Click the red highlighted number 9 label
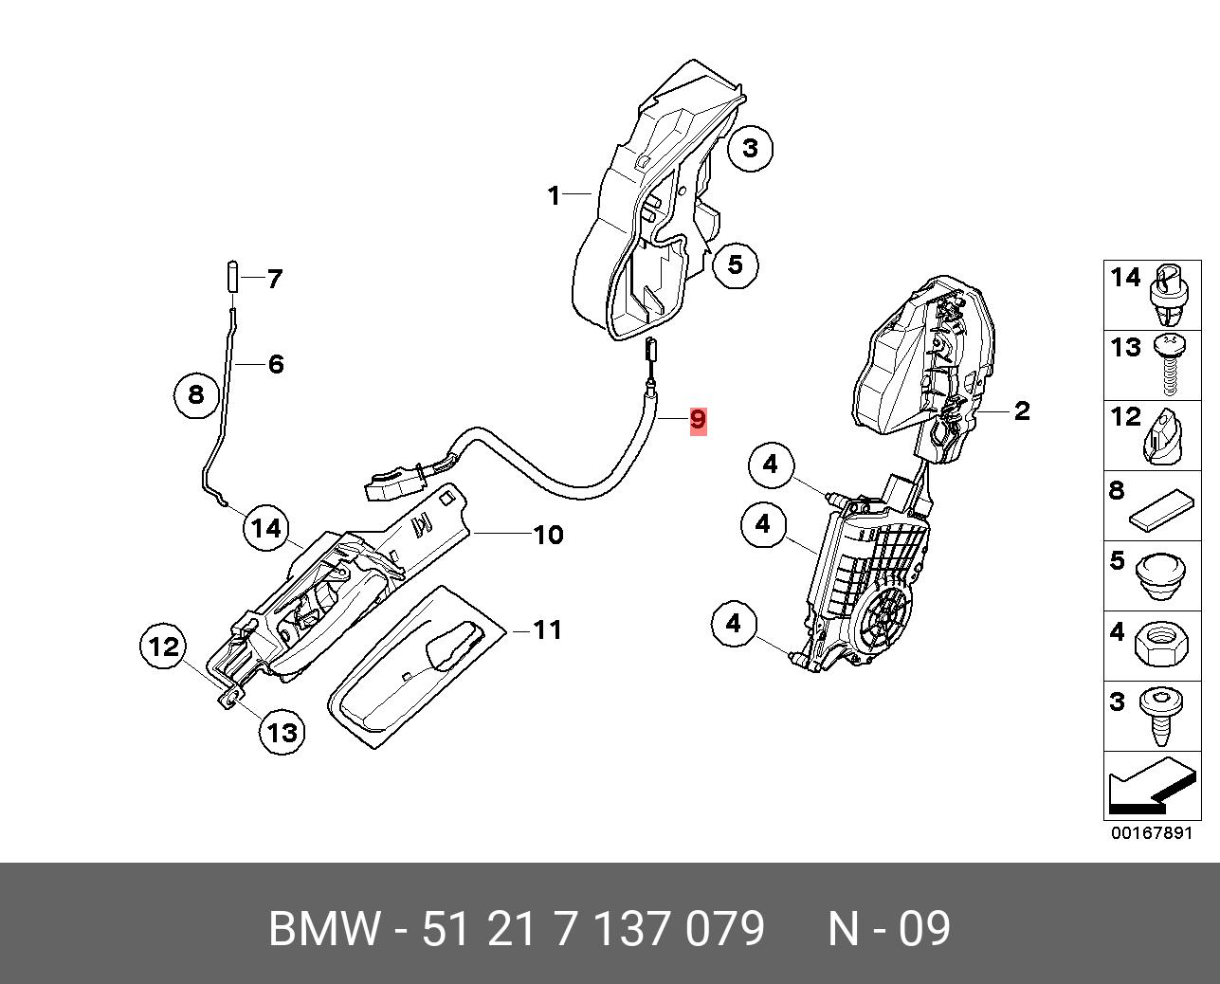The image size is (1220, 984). point(698,419)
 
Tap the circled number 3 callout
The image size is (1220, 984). point(751,148)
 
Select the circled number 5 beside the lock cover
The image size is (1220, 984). point(736,264)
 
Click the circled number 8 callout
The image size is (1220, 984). point(196,393)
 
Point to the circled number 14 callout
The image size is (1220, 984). point(266,528)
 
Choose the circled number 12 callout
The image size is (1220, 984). point(164,647)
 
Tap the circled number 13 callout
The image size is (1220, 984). point(282,731)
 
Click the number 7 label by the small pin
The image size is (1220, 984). point(274,279)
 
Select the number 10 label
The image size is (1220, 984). point(548,535)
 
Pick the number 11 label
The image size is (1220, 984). point(547,629)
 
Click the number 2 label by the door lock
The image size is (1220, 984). point(1021,410)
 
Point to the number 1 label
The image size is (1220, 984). point(554,195)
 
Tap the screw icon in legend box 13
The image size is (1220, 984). point(1169,366)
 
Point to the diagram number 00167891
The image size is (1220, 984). point(1151,833)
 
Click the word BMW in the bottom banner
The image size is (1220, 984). point(324,929)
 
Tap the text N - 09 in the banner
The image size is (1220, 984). point(888,929)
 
